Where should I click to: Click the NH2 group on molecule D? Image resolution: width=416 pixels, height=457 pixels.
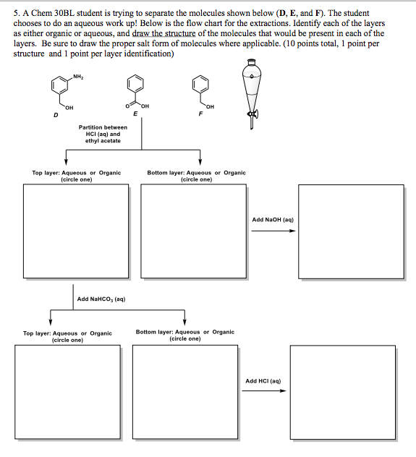coord(77,77)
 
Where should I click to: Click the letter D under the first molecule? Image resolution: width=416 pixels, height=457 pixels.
coord(47,114)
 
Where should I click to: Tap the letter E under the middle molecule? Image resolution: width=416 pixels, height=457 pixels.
coord(135,114)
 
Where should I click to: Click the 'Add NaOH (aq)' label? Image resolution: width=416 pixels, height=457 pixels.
coord(272,219)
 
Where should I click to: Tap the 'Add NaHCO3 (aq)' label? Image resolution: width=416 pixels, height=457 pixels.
coord(101,298)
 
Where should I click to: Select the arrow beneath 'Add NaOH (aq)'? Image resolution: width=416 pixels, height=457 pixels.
coord(273,231)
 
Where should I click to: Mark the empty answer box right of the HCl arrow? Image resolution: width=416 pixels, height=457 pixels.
coord(333,391)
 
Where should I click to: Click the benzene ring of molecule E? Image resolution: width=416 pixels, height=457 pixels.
coord(135,85)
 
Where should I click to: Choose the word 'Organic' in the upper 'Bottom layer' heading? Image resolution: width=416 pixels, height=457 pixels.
coord(232,173)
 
